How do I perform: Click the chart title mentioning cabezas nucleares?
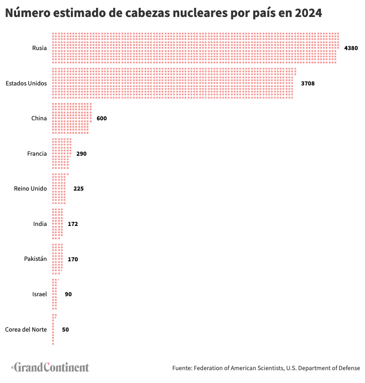point(163,13)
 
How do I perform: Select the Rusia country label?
point(39,48)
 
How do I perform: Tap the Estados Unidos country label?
point(26,83)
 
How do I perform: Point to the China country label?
point(39,118)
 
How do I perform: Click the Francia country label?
point(37,153)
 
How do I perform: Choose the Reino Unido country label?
point(30,189)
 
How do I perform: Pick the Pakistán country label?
point(35,259)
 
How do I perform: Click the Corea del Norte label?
point(26,329)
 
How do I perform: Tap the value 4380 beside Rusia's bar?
point(351,48)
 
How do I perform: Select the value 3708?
point(308,84)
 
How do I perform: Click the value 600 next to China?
point(102,118)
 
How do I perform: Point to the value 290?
point(81,154)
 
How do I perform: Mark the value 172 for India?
point(73,224)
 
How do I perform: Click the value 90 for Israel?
point(68,294)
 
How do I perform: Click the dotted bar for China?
point(71,118)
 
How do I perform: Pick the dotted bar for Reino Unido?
point(59,189)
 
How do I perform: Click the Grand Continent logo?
point(50,367)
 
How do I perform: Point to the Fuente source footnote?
point(266,368)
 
